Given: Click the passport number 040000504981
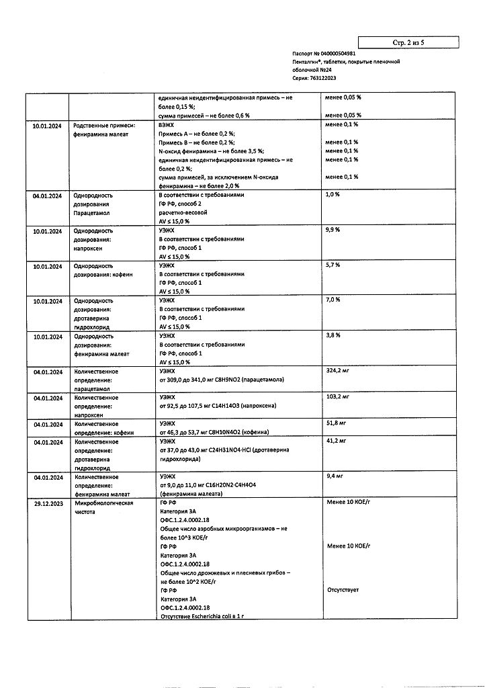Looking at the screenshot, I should click(x=339, y=53).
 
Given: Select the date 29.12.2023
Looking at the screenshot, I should click(x=48, y=503).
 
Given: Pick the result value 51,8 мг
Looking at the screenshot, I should click(x=335, y=424).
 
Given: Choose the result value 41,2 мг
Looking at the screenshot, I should click(x=335, y=441).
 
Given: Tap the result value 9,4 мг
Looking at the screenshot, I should click(x=334, y=476).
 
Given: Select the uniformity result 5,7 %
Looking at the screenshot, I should click(x=333, y=265).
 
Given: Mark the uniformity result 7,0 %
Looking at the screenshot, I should click(x=333, y=300).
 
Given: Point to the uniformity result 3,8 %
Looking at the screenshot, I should click(x=333, y=335).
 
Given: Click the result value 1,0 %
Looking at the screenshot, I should click(x=333, y=195).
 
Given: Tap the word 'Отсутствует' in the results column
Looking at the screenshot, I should click(x=343, y=590).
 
